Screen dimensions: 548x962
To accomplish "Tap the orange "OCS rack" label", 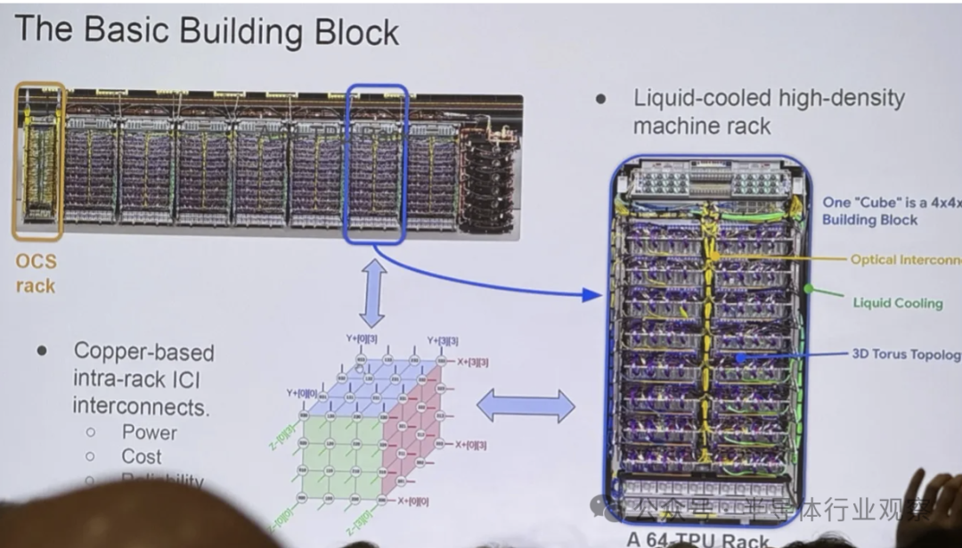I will pyautogui.click(x=36, y=274).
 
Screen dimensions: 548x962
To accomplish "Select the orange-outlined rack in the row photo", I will pyautogui.click(x=38, y=161).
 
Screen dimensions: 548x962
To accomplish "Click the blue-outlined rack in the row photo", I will pyautogui.click(x=376, y=165).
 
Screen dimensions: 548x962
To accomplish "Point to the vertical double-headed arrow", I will pyautogui.click(x=372, y=292).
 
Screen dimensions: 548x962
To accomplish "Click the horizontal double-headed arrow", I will pyautogui.click(x=526, y=406).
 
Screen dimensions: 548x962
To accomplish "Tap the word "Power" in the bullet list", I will pyautogui.click(x=149, y=433).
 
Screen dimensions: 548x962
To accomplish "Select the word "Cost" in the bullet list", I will pyautogui.click(x=142, y=457).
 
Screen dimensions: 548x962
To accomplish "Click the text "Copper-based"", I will pyautogui.click(x=143, y=352).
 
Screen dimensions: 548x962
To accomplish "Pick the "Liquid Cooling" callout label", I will pyautogui.click(x=897, y=303).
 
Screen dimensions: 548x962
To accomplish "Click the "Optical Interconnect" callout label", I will pyautogui.click(x=905, y=260).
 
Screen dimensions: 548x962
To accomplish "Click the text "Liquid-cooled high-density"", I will pyautogui.click(x=769, y=98).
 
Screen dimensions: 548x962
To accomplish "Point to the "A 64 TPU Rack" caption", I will pyautogui.click(x=698, y=539).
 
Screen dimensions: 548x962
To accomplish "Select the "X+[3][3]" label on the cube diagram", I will pyautogui.click(x=472, y=363).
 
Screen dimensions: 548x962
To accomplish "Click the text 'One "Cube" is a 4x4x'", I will pyautogui.click(x=892, y=202).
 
